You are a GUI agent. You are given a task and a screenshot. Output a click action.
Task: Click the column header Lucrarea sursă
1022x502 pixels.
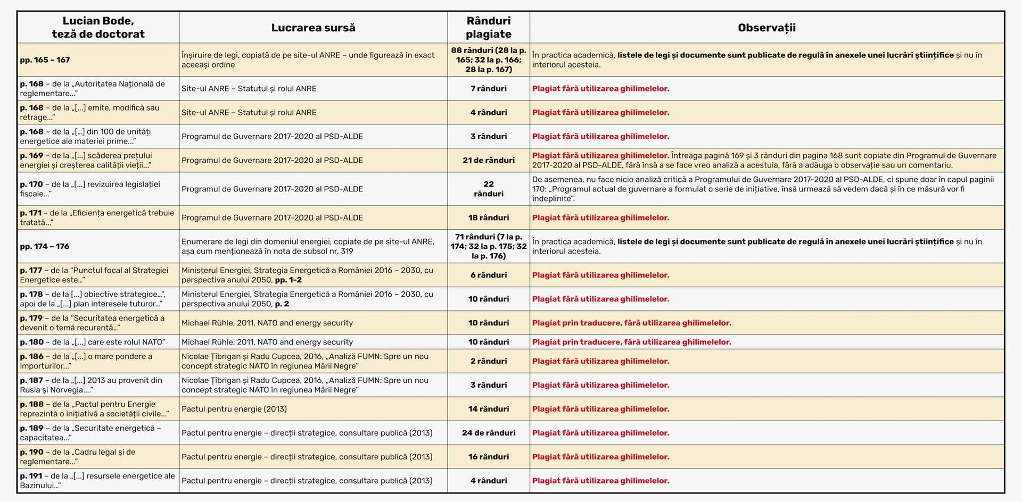[x=313, y=28]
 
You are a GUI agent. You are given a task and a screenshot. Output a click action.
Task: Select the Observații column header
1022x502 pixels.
[x=767, y=28]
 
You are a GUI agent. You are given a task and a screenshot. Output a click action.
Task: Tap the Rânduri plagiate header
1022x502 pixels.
[x=488, y=28]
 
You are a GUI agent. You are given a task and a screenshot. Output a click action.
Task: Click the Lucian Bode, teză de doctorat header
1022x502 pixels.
[x=98, y=28]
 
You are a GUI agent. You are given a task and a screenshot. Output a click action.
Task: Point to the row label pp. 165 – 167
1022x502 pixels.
[x=45, y=60]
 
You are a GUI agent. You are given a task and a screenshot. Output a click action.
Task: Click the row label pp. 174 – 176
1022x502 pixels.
[x=45, y=246]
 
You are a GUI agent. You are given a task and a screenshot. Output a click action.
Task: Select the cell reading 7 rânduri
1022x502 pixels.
[x=488, y=89]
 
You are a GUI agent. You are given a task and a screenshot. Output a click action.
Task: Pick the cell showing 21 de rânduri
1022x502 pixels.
[x=488, y=160]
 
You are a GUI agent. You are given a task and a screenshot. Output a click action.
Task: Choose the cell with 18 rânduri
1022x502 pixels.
[x=488, y=217]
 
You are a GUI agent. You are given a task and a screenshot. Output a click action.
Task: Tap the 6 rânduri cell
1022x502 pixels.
[x=488, y=275]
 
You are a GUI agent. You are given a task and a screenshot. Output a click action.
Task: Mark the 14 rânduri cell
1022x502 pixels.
[x=488, y=409]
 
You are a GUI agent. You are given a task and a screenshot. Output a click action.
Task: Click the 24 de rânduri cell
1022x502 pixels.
[x=488, y=433]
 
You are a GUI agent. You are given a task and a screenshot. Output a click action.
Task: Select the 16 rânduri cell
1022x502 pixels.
[x=488, y=457]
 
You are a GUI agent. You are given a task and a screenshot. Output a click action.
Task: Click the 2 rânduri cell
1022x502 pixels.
[x=488, y=361]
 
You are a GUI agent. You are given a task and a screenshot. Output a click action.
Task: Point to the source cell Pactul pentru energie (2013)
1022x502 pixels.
[x=234, y=409]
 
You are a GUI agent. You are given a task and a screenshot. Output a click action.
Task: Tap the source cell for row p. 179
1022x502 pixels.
[x=267, y=323]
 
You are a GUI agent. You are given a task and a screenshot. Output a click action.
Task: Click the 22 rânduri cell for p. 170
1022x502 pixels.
[x=488, y=189]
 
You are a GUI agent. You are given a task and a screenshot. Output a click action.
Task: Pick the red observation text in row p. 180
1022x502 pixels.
[x=631, y=342]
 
